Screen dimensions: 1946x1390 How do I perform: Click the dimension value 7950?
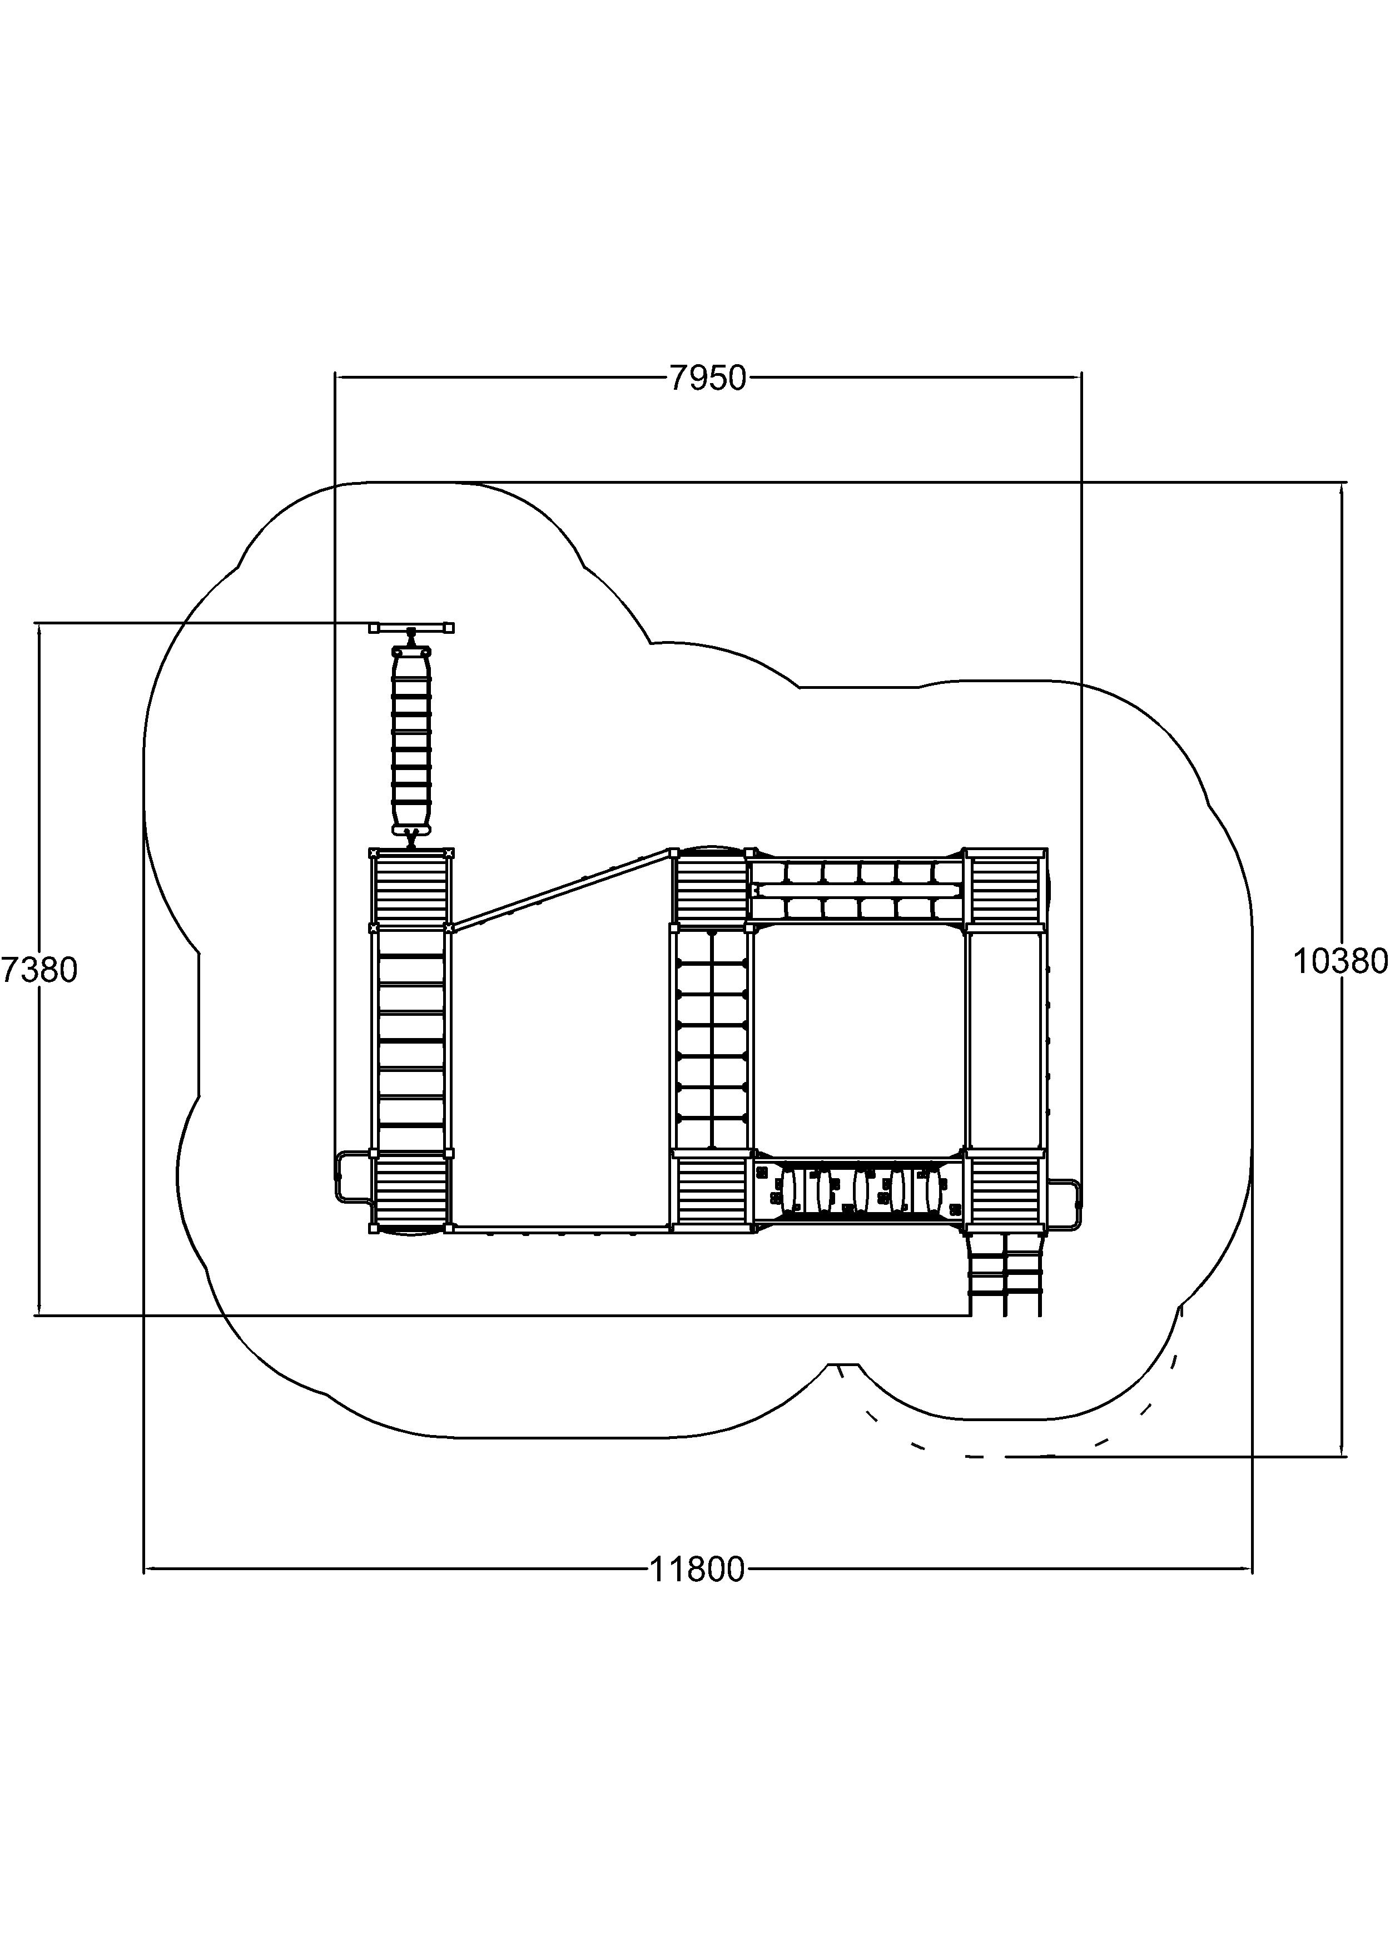point(707,378)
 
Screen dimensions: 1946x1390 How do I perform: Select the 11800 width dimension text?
point(697,1570)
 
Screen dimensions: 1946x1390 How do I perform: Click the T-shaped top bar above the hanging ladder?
point(411,627)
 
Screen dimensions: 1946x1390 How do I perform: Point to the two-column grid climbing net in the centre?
point(711,1039)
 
